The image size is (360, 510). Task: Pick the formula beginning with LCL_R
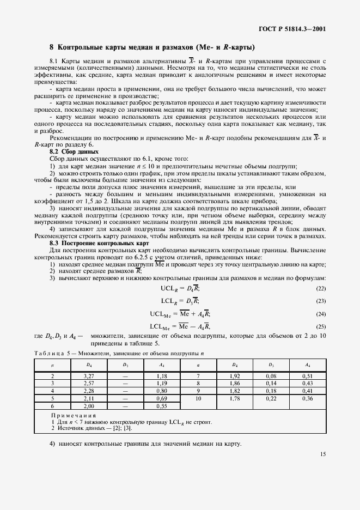(x=180, y=301)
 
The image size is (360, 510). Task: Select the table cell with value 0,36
(x=308, y=399)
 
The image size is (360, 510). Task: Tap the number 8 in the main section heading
(x=51, y=47)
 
